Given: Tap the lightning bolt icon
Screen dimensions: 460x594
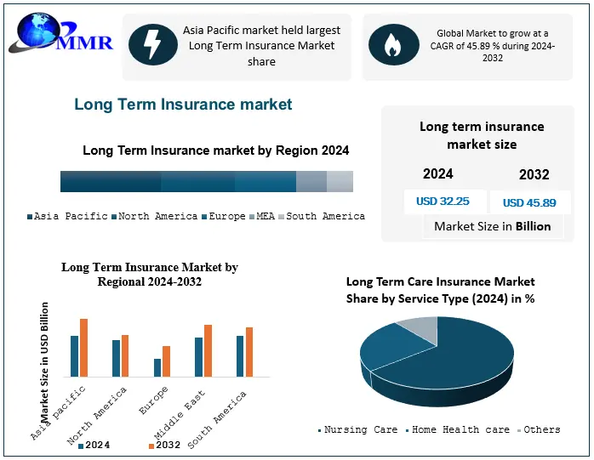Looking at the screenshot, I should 153,45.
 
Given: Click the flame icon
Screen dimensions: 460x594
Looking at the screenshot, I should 392,45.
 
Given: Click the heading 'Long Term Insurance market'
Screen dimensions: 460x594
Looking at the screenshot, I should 183,105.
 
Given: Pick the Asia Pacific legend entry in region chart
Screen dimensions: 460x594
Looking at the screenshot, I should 68,217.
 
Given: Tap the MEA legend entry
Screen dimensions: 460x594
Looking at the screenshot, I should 265,217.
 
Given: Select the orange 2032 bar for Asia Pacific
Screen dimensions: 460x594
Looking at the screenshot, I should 83,348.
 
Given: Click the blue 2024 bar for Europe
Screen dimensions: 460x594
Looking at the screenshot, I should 157,367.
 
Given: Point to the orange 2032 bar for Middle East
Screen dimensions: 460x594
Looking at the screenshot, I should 207,350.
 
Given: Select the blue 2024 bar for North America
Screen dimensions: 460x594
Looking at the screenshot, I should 116,358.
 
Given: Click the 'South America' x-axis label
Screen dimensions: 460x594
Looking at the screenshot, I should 219,419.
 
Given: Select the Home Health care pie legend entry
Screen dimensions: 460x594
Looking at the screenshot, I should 460,430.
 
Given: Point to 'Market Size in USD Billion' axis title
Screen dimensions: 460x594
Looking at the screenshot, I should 45,361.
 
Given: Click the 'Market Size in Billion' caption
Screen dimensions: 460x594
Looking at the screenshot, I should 492,226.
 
